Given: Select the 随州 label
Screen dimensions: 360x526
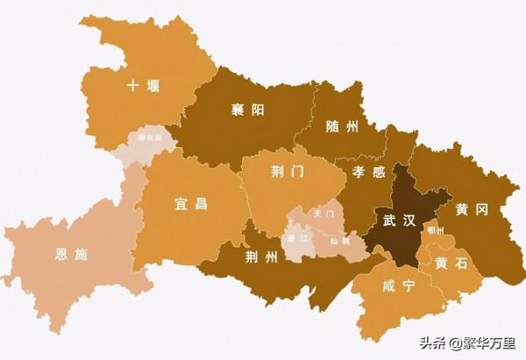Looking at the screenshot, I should coord(341,127).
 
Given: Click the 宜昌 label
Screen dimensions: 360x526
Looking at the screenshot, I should coord(190,204).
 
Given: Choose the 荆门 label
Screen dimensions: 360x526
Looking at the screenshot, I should coord(287,173).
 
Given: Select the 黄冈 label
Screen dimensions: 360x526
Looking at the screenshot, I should coord(472,210).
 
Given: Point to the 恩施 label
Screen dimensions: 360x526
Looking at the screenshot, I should coord(71,255).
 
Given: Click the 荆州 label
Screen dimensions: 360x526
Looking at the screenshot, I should coord(261,256).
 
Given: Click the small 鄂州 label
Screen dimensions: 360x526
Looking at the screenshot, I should coord(436,230).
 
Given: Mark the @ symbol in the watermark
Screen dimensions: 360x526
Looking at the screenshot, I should coord(454,343).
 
